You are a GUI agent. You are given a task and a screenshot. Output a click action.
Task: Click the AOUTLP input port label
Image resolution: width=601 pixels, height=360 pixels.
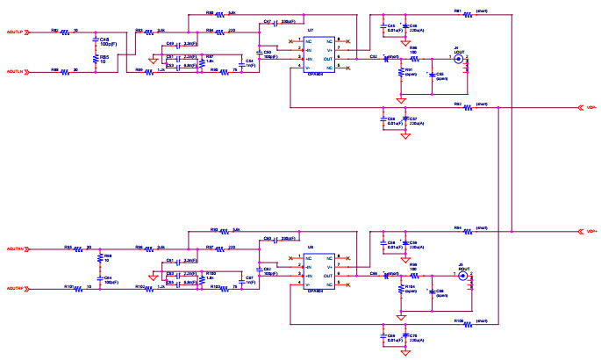(17, 34)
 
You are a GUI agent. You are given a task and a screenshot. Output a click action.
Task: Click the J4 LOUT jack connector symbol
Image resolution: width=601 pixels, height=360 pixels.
(458, 61)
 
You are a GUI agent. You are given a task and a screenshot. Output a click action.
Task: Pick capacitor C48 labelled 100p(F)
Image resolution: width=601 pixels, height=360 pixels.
(96, 44)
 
